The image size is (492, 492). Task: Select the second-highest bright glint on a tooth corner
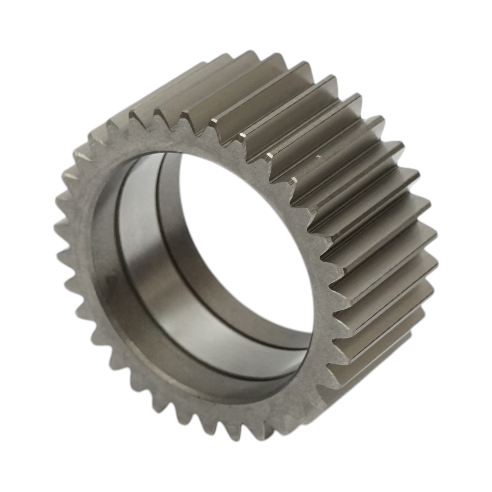242,135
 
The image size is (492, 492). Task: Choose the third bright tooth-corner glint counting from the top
269,155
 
